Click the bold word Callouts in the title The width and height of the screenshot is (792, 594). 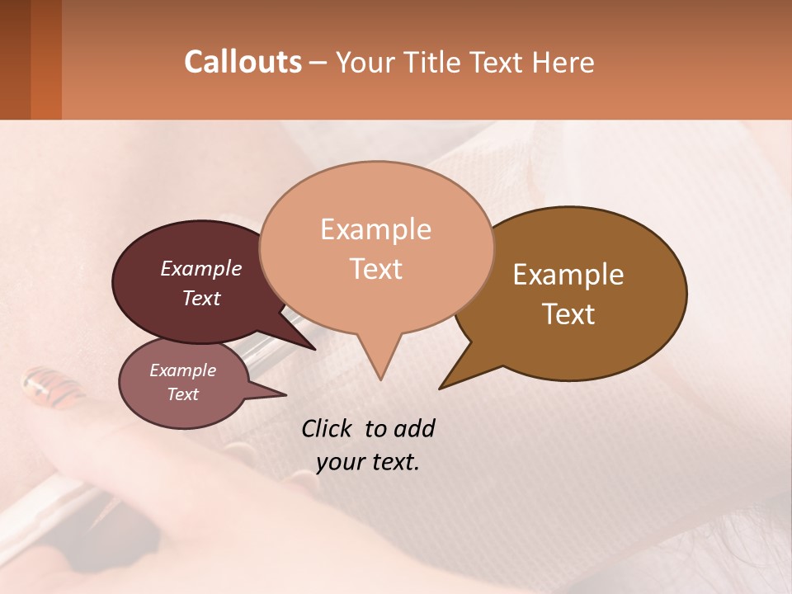[x=243, y=62]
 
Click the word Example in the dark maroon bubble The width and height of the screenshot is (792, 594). [x=201, y=268]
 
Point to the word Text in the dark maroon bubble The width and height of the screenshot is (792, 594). [x=201, y=298]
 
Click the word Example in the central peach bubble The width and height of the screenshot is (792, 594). [x=375, y=229]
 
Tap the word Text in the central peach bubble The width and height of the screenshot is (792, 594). [x=375, y=269]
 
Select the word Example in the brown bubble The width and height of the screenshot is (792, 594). [x=568, y=275]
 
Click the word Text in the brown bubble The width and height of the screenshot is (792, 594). [x=568, y=314]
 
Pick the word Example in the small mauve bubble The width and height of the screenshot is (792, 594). [x=182, y=370]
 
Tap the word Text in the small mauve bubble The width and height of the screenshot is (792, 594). [x=182, y=394]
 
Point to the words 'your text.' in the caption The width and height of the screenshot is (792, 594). [x=368, y=462]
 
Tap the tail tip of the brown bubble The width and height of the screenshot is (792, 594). [x=441, y=388]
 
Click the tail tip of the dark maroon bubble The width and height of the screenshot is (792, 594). [x=314, y=349]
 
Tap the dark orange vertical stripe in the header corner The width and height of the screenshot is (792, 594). [x=46, y=59]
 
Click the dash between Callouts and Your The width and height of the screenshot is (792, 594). [x=318, y=63]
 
